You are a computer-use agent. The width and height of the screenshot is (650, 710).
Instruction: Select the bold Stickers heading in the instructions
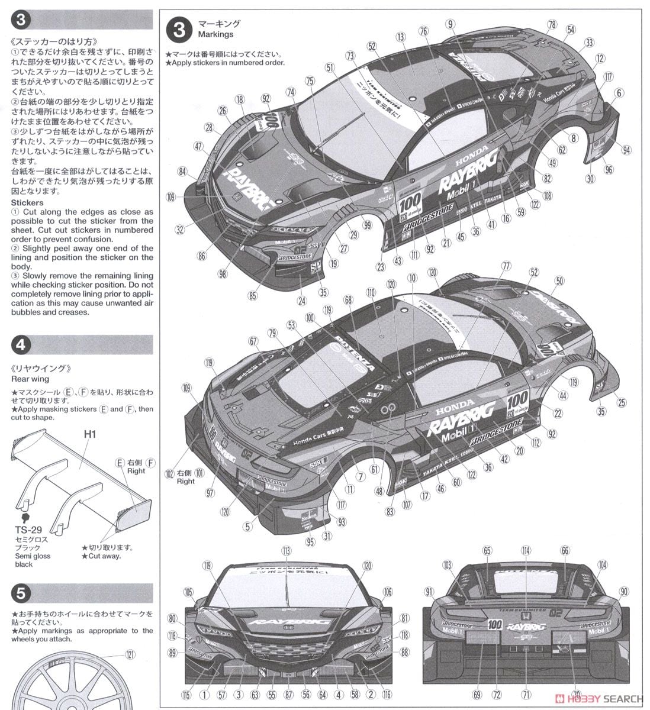(x=27, y=203)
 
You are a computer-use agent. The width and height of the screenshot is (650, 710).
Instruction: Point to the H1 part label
(x=89, y=434)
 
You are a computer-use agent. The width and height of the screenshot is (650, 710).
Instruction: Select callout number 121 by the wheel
(x=129, y=654)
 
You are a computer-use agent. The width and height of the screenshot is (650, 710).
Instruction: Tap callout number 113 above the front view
(x=287, y=550)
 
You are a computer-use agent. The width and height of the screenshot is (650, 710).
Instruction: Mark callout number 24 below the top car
(x=303, y=301)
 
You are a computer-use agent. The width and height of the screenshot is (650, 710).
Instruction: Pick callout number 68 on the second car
(x=348, y=299)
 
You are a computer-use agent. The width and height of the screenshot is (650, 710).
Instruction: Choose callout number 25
(x=620, y=403)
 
